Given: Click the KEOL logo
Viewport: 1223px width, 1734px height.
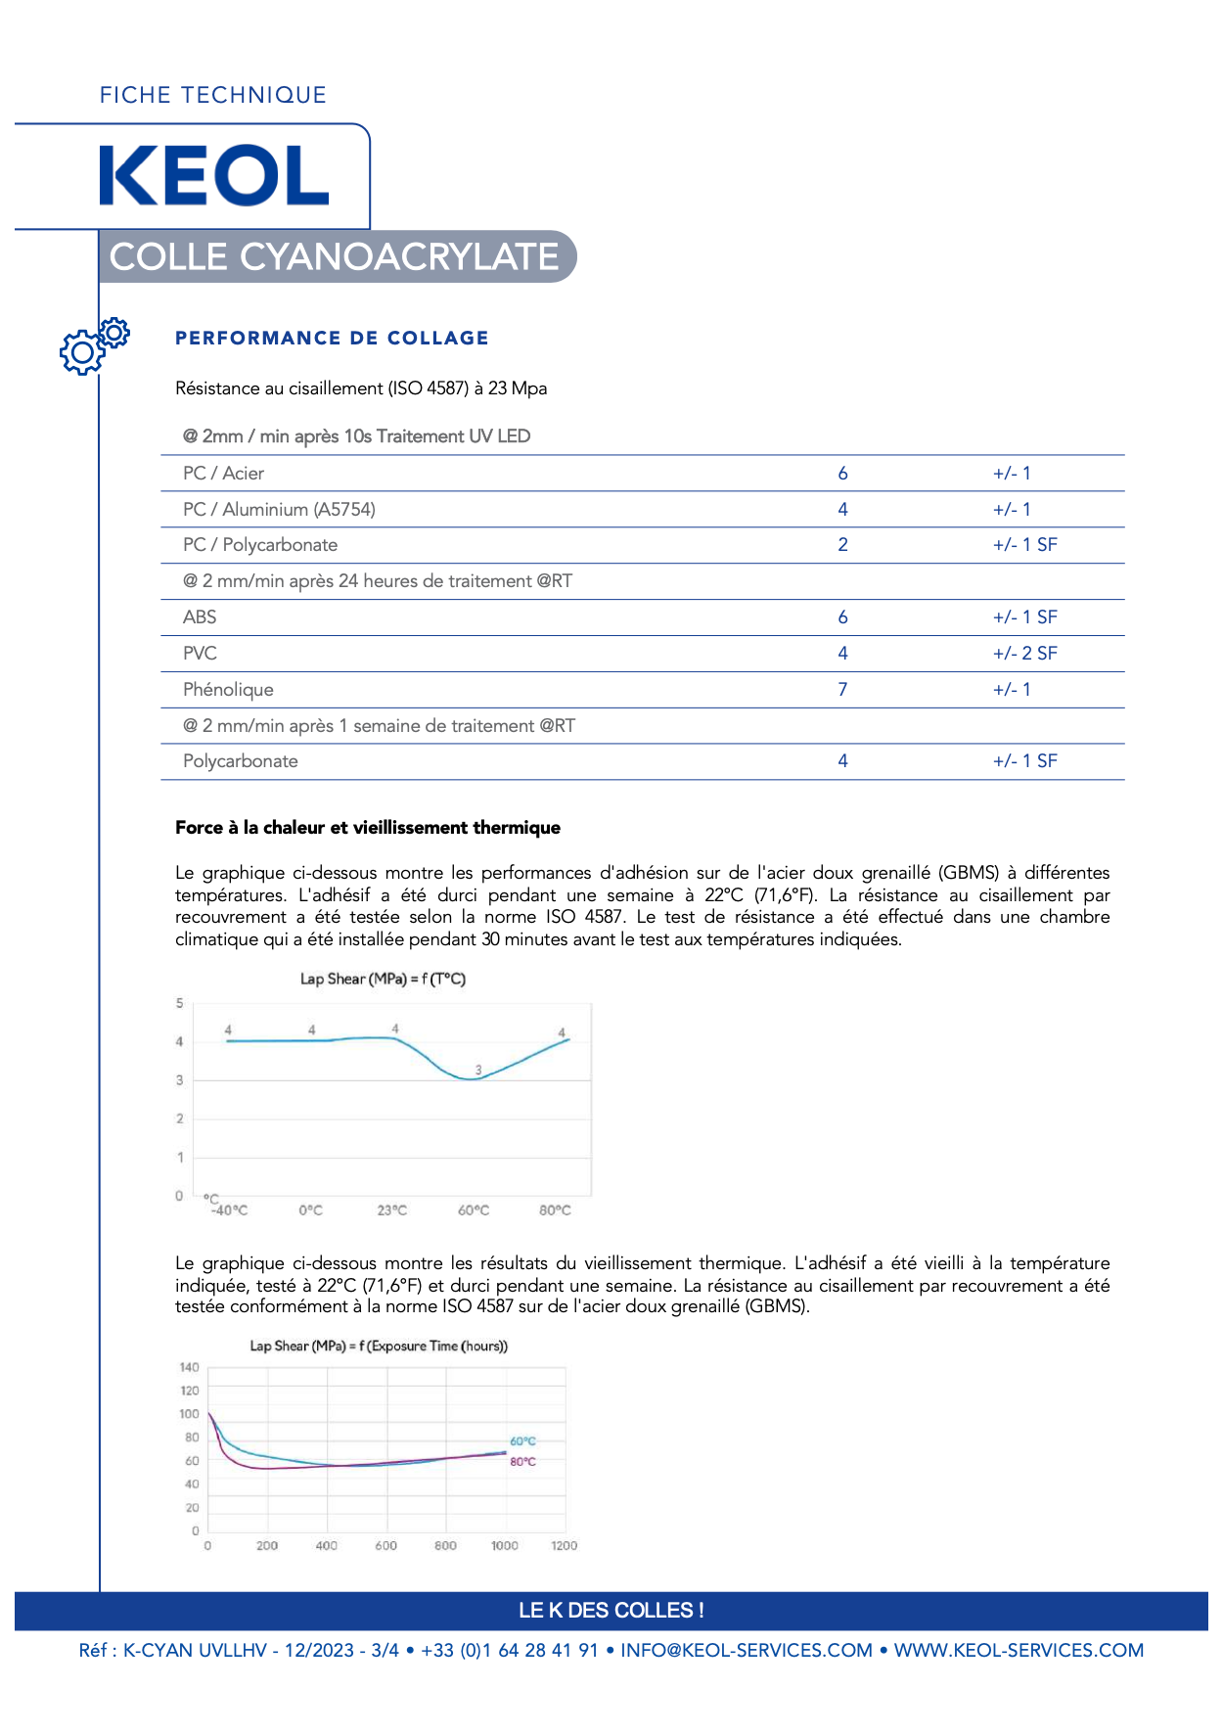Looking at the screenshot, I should pos(214,176).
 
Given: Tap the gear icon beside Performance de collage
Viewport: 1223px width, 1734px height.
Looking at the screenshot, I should pos(93,345).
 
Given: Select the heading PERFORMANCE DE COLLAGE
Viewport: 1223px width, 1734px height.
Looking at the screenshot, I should pos(332,338).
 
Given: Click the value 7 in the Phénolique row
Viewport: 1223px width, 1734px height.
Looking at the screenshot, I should pos(842,690).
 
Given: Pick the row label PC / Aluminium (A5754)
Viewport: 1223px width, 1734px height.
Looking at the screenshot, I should pos(279,510).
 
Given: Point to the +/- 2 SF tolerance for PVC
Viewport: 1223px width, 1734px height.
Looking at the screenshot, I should pos(1024,654).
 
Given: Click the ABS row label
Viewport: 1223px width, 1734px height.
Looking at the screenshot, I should pos(200,617).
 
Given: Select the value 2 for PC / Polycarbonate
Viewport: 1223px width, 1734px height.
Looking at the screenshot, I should pos(842,545).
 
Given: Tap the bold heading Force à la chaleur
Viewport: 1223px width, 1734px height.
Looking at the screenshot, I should pos(368,828).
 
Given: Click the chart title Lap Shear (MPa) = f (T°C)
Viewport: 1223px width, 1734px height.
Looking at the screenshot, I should pos(383,979).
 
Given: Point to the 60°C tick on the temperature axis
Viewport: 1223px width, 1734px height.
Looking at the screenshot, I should pos(474,1210).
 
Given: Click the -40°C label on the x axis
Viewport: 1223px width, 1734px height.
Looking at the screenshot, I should pos(230,1210).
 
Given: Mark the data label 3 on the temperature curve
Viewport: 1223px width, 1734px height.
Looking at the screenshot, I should pos(478,1070).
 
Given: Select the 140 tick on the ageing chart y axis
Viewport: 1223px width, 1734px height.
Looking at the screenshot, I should pos(189,1367).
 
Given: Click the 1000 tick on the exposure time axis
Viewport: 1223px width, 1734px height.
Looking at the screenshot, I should pos(505,1546).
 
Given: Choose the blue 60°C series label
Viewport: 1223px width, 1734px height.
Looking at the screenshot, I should pos(523,1441).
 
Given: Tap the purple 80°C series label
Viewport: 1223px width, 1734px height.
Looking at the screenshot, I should pos(523,1462).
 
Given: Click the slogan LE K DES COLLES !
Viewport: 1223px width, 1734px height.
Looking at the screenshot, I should pos(611,1611).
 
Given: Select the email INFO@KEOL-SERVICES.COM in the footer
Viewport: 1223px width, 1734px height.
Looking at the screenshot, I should pos(747,1651).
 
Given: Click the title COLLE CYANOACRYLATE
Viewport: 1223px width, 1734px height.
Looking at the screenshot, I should pos(334,256).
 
